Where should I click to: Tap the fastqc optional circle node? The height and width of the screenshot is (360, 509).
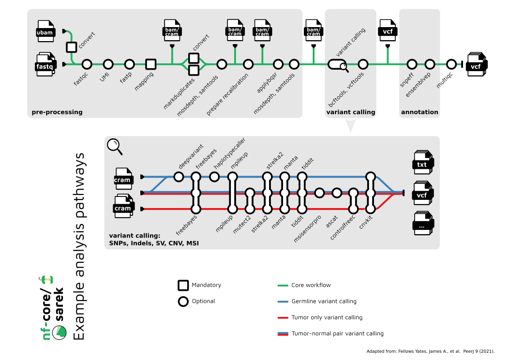point(87,64)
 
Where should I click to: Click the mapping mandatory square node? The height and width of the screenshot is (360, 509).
point(151,64)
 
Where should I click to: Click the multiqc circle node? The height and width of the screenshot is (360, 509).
point(451,64)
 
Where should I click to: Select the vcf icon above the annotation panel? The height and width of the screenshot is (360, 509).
point(387,31)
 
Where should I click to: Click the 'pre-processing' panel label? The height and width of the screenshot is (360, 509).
point(57,112)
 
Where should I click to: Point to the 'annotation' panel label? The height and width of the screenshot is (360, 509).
point(419,112)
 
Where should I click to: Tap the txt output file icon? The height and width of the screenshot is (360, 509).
point(422,163)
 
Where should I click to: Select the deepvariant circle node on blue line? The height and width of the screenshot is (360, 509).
point(179,177)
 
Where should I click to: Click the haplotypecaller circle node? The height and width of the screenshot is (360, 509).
point(214,177)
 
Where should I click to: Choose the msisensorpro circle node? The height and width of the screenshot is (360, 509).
point(319,193)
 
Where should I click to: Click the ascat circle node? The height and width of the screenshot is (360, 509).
point(337,193)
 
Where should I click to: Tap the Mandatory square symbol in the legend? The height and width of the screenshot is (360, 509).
point(183,285)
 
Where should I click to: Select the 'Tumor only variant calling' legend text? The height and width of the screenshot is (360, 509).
point(327,317)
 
